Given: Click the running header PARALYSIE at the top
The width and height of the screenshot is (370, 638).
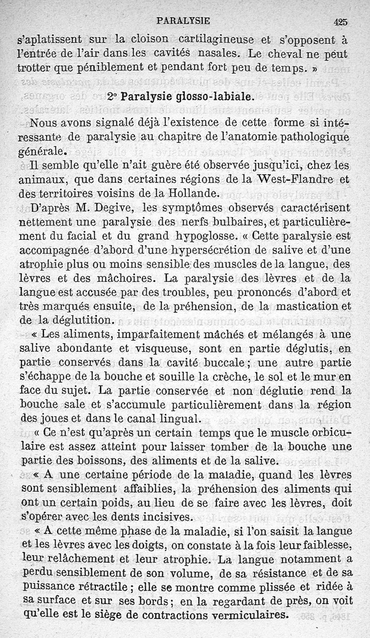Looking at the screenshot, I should pyautogui.click(x=184, y=20).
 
